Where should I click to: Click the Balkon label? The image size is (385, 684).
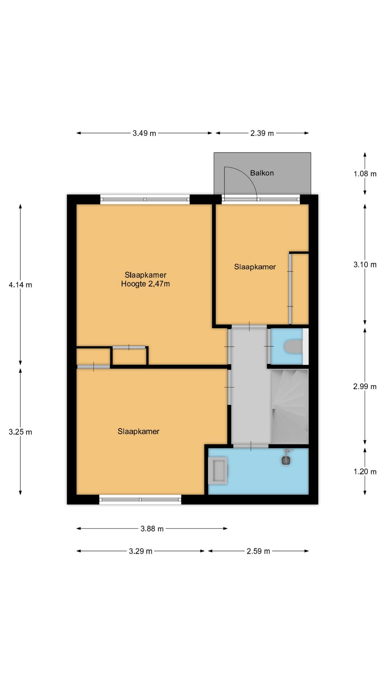[x=262, y=173]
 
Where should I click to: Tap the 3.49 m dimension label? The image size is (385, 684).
[x=144, y=133]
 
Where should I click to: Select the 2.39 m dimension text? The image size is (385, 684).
[x=262, y=133]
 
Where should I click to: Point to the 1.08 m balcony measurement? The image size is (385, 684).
[x=365, y=174]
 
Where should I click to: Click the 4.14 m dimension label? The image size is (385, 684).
[x=20, y=285]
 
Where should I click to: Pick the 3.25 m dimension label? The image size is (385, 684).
[x=20, y=432]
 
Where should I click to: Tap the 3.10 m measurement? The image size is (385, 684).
[x=365, y=264]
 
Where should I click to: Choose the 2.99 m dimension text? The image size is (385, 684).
[x=365, y=386]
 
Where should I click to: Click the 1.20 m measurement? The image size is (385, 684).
[x=365, y=471]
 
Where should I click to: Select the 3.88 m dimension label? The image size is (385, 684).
[x=152, y=529]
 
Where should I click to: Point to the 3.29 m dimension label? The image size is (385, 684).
[x=140, y=551]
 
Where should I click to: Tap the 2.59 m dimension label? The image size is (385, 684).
[x=258, y=551]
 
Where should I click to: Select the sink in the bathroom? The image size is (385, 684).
[x=218, y=471]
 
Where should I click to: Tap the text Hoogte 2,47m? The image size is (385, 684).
[x=145, y=284]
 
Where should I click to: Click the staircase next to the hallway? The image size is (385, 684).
[x=289, y=406]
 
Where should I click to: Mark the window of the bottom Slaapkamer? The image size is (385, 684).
[x=140, y=499]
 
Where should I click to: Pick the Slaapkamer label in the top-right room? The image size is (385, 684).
[x=255, y=267]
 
